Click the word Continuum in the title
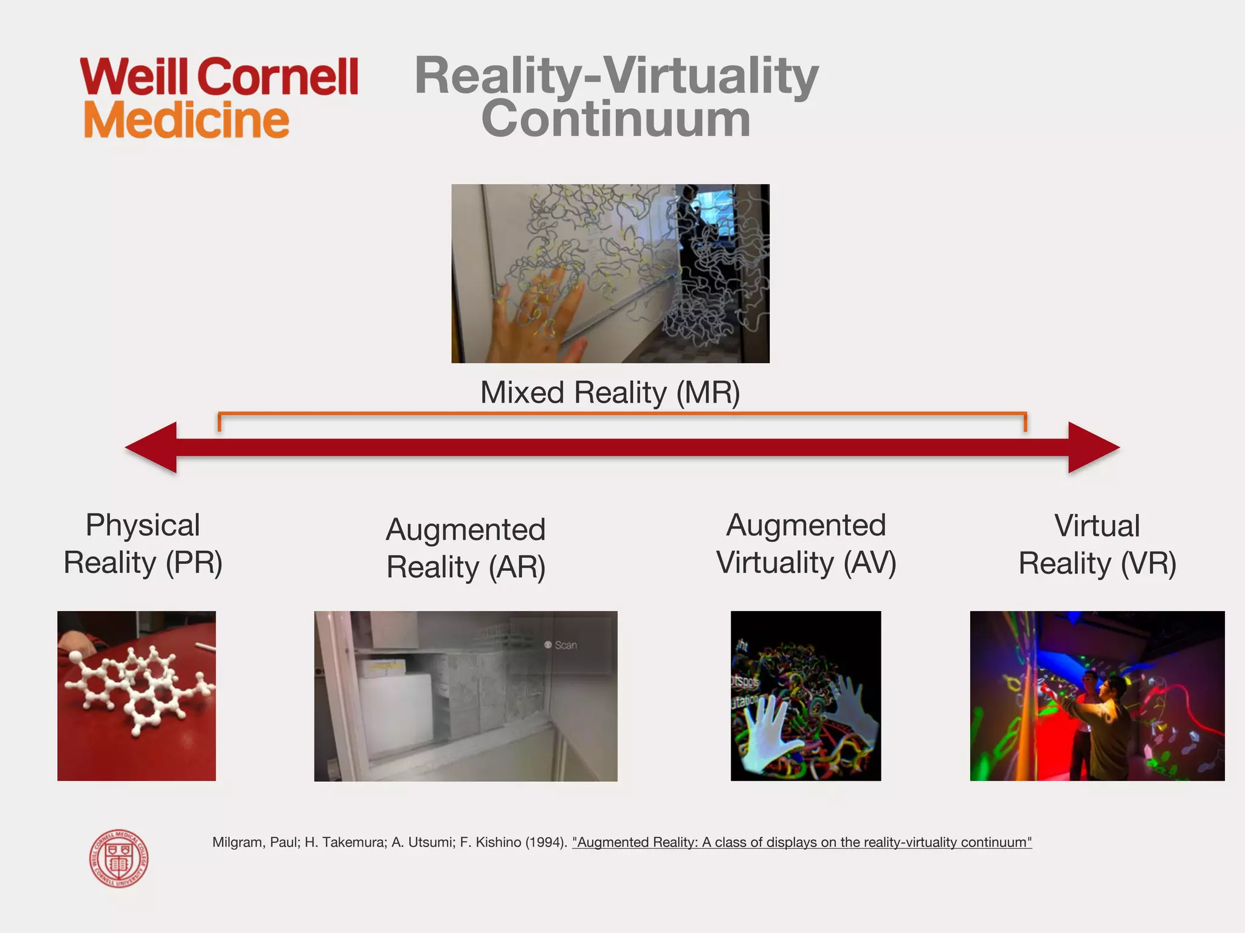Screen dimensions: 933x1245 click(x=615, y=119)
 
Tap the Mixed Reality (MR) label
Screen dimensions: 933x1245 click(x=610, y=392)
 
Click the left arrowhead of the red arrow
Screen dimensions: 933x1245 click(x=152, y=448)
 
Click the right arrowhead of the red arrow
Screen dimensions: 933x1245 click(x=1093, y=448)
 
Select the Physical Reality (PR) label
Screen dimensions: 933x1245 click(x=143, y=544)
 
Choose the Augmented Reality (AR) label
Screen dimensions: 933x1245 click(x=466, y=548)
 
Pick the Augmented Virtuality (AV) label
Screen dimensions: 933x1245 click(x=806, y=544)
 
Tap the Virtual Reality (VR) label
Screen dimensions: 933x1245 click(x=1097, y=544)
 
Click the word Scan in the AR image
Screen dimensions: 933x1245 click(x=565, y=645)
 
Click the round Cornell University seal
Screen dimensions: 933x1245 click(x=119, y=859)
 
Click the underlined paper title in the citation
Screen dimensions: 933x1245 click(x=802, y=842)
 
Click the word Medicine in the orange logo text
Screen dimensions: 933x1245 click(x=186, y=120)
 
